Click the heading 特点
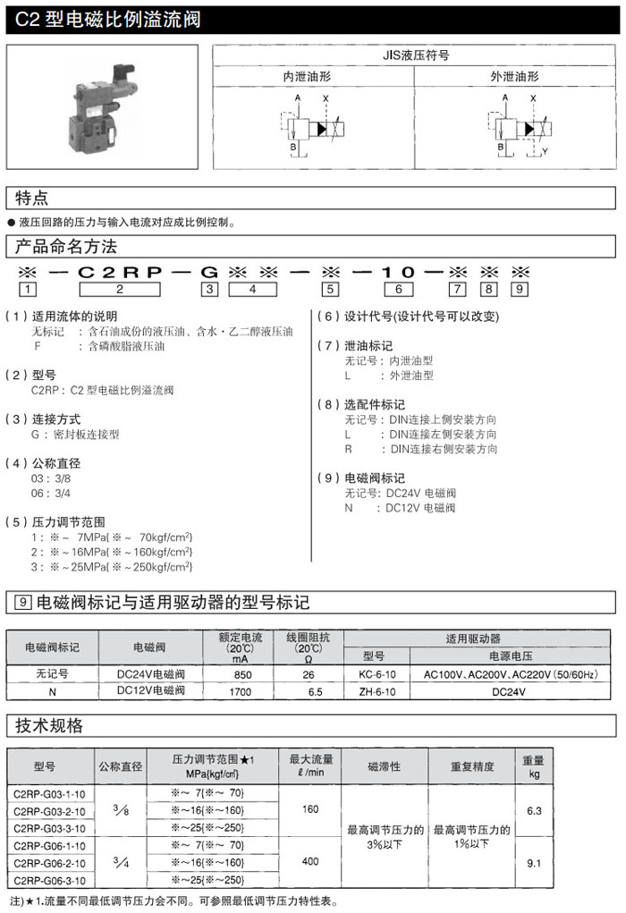click(x=32, y=198)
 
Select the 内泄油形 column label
click(x=312, y=77)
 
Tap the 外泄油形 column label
click(x=514, y=77)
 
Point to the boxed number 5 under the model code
click(x=331, y=289)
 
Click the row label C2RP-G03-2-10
click(x=50, y=811)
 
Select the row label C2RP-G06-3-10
click(x=50, y=881)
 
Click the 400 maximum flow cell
click(x=310, y=862)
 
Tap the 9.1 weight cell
click(x=535, y=862)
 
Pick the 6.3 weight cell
click(x=535, y=810)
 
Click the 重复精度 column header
click(x=471, y=766)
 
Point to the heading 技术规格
click(x=49, y=724)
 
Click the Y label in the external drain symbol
click(x=546, y=151)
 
